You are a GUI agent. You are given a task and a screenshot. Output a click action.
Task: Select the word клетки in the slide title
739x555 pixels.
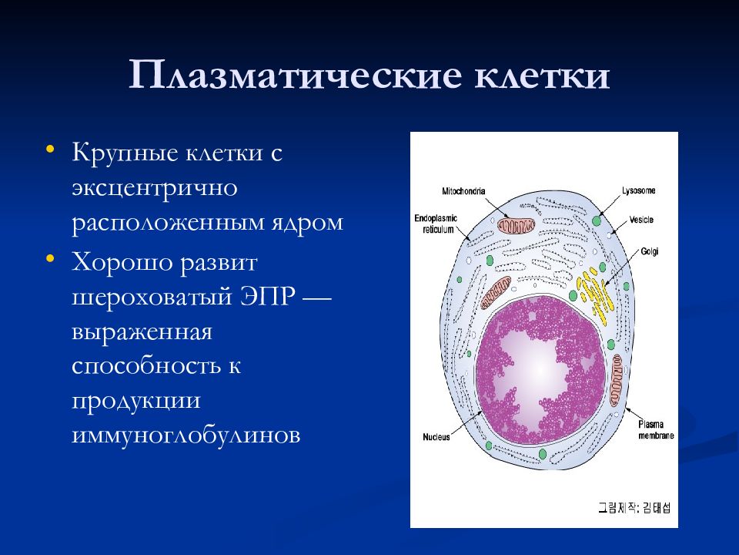(x=542, y=76)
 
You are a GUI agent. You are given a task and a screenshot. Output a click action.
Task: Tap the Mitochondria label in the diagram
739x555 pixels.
(x=463, y=191)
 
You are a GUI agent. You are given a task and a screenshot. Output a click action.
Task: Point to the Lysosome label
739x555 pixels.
(x=639, y=190)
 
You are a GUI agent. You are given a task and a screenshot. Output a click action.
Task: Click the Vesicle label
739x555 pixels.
(x=641, y=220)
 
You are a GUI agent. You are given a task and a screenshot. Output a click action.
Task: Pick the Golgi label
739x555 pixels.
(x=650, y=251)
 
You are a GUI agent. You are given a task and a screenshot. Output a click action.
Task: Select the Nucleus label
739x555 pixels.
(x=436, y=437)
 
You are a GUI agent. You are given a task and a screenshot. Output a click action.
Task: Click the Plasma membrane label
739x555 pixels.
(x=656, y=430)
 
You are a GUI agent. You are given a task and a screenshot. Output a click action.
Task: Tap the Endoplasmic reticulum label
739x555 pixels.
(x=436, y=224)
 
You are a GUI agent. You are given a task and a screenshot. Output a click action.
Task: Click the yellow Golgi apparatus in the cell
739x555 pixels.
(x=595, y=295)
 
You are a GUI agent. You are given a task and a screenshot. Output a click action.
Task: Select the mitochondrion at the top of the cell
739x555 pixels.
(x=517, y=225)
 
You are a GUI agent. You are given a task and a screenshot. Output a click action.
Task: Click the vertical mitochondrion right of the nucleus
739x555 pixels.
(x=616, y=380)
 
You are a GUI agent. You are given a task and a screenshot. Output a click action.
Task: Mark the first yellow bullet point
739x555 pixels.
(x=50, y=150)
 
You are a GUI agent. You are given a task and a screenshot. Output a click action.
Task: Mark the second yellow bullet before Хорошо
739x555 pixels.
(x=50, y=259)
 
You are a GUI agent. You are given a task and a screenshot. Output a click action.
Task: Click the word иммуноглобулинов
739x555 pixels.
(x=186, y=435)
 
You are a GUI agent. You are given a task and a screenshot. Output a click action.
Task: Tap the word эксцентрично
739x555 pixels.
(x=155, y=189)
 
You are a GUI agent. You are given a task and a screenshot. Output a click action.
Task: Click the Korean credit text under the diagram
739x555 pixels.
(x=634, y=508)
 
